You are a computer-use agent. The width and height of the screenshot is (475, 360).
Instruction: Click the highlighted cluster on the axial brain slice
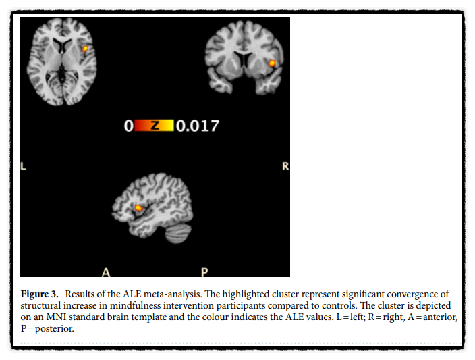click(86, 49)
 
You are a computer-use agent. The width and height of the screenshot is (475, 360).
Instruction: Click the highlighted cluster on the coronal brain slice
click(273, 63)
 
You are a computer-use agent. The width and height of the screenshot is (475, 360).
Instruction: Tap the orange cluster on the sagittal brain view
click(140, 208)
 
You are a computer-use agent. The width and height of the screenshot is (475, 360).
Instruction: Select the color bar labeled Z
click(154, 126)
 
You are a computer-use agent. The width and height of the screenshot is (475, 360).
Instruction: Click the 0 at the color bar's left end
click(128, 126)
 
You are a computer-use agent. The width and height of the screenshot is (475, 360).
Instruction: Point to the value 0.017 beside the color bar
click(197, 126)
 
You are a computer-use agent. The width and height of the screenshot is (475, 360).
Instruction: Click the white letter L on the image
click(24, 165)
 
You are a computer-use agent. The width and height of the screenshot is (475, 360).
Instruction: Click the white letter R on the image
click(285, 165)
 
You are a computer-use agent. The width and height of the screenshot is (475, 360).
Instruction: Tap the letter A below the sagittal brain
click(105, 272)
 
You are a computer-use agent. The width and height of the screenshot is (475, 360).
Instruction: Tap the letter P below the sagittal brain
click(204, 272)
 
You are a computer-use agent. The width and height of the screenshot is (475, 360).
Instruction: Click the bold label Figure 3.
click(45, 296)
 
